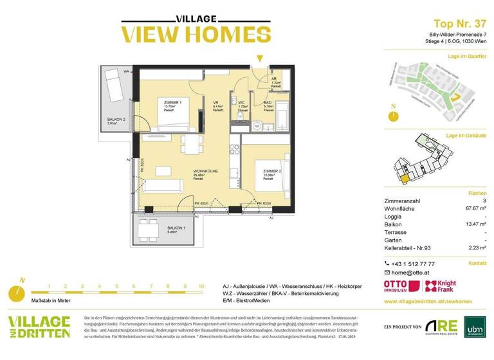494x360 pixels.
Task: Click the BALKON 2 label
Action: click(x=116, y=120)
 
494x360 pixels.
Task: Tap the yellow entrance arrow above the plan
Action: click(x=259, y=59)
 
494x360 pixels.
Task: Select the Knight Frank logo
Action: click(x=444, y=286)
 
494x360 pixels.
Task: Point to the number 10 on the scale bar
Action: click(x=201, y=286)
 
